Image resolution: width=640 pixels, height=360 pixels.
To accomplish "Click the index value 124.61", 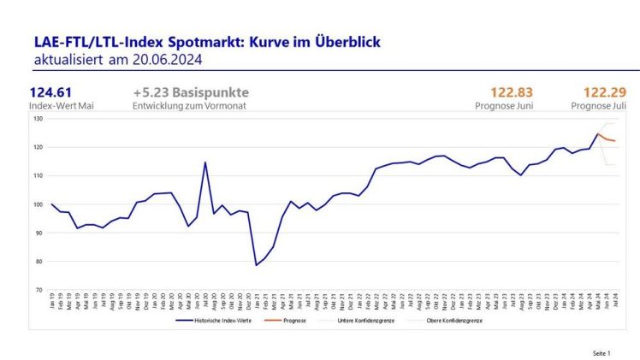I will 50,93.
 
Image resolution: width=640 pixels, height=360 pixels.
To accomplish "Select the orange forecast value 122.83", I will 511,93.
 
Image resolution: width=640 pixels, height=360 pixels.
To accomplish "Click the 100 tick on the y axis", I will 38,204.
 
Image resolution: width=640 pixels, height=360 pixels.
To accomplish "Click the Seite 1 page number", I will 601,352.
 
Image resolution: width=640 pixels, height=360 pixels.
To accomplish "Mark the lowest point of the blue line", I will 256,265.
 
